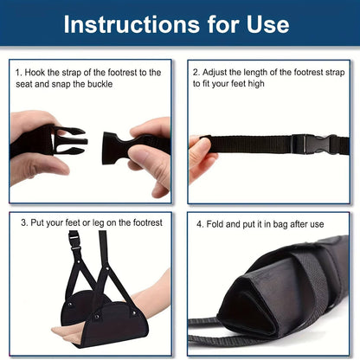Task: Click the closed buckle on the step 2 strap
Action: [x=308, y=143]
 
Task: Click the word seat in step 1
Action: [x=28, y=84]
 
